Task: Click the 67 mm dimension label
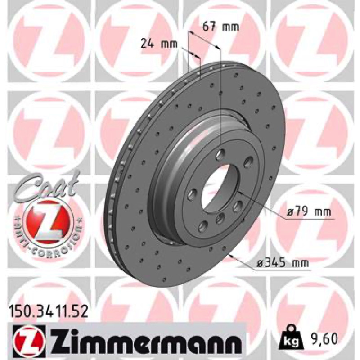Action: [x=220, y=27]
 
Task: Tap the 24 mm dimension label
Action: [x=159, y=44]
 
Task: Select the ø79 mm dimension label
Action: [x=309, y=211]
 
